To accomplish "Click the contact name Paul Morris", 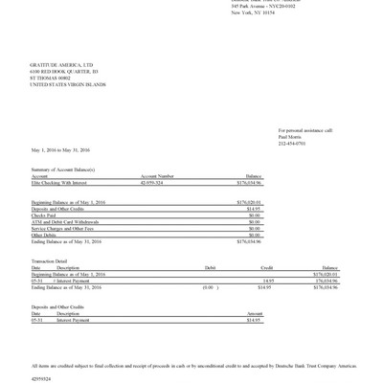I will (290, 136).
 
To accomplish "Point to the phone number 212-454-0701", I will (292, 143).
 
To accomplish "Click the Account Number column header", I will (157, 175).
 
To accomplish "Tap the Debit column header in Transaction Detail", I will (211, 267).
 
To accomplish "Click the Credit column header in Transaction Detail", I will (267, 267).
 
